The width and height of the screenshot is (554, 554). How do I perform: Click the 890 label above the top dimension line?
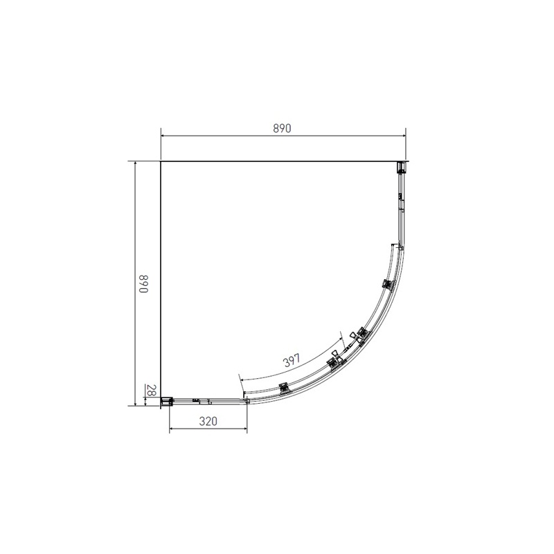pyautogui.click(x=283, y=128)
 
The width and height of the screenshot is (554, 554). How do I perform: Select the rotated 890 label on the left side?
pyautogui.click(x=143, y=285)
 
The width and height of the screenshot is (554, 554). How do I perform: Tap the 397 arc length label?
pyautogui.click(x=290, y=360)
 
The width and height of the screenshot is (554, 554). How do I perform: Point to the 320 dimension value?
pyautogui.click(x=209, y=421)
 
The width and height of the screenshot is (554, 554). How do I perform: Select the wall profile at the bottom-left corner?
pyautogui.click(x=166, y=400)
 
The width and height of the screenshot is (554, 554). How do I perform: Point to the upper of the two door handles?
pyautogui.click(x=359, y=334)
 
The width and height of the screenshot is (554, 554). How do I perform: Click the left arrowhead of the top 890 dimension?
pyautogui.click(x=163, y=137)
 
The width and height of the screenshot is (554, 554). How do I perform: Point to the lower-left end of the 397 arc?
pyautogui.click(x=239, y=379)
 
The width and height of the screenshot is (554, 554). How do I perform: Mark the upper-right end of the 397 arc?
pyautogui.click(x=343, y=337)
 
